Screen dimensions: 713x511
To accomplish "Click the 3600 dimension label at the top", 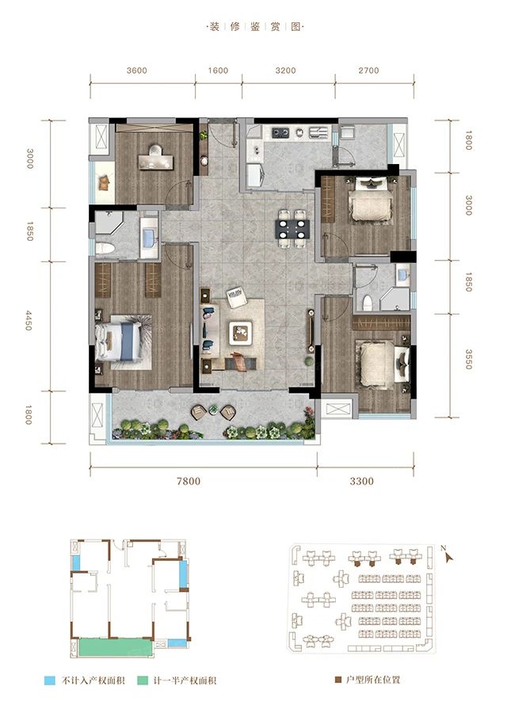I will (x=136, y=71).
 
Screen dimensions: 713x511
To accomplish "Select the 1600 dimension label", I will (x=218, y=71).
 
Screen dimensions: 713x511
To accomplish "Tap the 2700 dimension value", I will (x=368, y=71).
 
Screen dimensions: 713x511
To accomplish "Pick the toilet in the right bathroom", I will (x=367, y=302).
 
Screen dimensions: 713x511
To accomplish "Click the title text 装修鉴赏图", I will (x=255, y=26).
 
